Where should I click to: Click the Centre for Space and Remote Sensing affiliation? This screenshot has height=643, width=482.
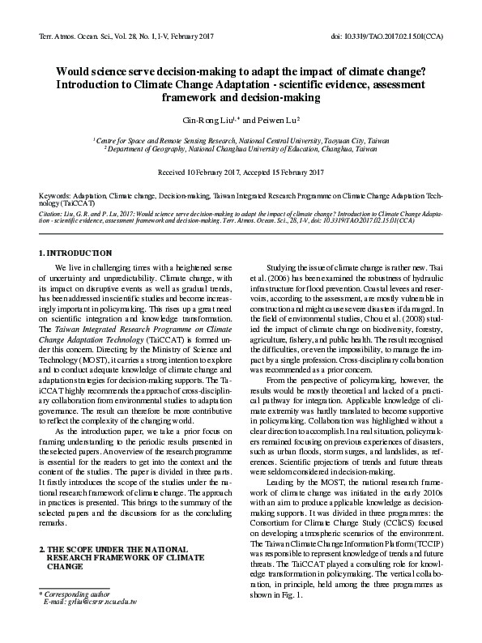coord(241,140)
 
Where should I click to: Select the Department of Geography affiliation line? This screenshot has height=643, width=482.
coord(241,149)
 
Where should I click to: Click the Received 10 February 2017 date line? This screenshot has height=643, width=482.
coord(241,172)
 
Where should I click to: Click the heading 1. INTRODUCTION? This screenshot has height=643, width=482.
coord(76,253)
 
